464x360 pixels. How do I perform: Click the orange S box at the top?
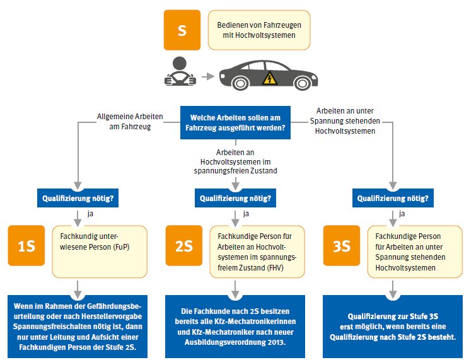coord(181,30)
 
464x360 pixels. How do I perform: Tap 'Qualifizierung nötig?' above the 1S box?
coord(78,198)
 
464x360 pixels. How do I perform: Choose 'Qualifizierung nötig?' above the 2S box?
coord(236,198)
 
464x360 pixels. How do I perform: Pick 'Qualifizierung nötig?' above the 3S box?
coord(393,198)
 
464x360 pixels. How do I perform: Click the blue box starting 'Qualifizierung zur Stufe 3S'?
coord(393,326)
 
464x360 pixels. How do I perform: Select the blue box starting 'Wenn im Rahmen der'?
coord(78,326)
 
